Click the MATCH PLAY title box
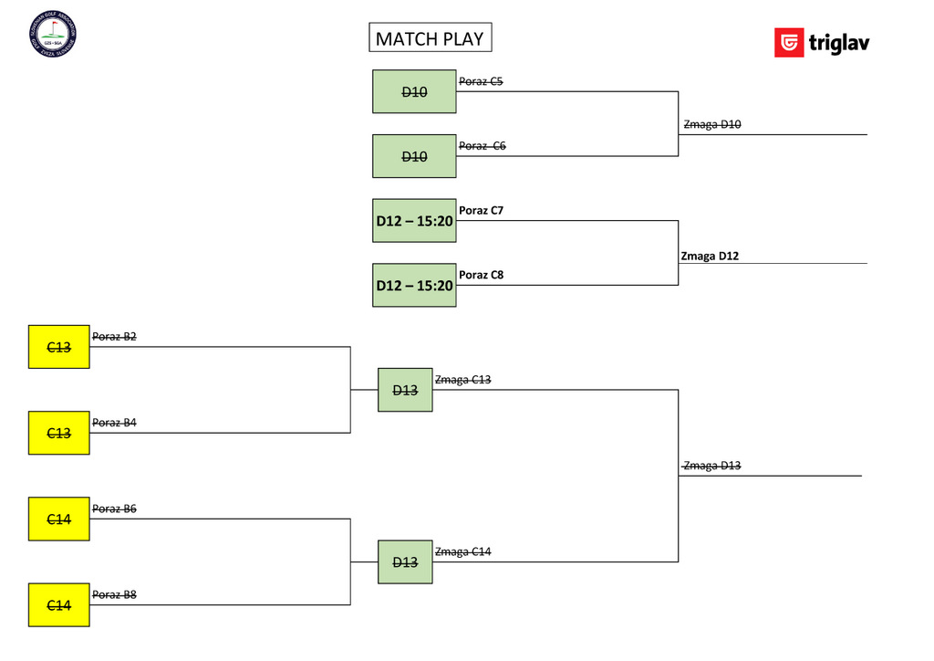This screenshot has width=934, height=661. click(430, 38)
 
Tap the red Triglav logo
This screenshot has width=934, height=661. click(789, 43)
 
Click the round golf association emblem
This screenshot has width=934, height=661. click(53, 34)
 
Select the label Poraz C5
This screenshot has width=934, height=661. click(481, 81)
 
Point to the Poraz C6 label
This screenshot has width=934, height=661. click(482, 146)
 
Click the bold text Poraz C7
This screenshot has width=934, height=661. click(481, 211)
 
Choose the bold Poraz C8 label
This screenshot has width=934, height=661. click(481, 275)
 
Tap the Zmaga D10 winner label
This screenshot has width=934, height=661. click(711, 124)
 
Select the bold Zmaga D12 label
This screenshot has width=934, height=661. click(710, 256)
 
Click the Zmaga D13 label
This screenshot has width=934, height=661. click(711, 466)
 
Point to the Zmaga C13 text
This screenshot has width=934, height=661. click(462, 380)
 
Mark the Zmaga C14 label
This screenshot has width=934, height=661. click(462, 551)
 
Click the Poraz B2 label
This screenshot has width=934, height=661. click(114, 337)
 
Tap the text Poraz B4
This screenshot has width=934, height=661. click(114, 423)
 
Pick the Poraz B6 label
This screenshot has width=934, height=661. click(114, 509)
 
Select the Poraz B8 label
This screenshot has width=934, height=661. click(114, 595)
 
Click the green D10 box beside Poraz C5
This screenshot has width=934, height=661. click(414, 91)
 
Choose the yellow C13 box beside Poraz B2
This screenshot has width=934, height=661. click(58, 347)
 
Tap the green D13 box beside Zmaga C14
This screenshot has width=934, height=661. click(405, 561)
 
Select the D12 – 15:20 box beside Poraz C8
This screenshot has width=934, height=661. click(414, 285)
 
